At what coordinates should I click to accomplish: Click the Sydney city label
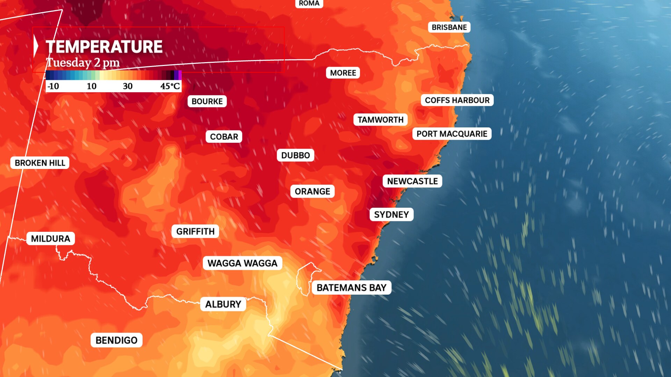pyautogui.click(x=391, y=214)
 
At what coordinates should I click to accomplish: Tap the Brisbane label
pyautogui.click(x=449, y=27)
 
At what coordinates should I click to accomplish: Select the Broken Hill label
pyautogui.click(x=40, y=163)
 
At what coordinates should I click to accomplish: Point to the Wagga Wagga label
pyautogui.click(x=242, y=263)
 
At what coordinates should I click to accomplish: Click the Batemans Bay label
pyautogui.click(x=351, y=288)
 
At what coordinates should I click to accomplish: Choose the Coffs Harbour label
pyautogui.click(x=457, y=100)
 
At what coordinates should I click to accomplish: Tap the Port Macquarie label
pyautogui.click(x=452, y=134)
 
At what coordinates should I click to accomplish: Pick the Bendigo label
pyautogui.click(x=116, y=340)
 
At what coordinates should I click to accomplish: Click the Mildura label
pyautogui.click(x=51, y=238)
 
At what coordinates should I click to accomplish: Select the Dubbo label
pyautogui.click(x=295, y=155)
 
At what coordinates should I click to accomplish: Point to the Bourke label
pyautogui.click(x=207, y=101)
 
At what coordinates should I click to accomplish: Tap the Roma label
pyautogui.click(x=309, y=3)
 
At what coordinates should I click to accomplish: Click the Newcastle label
pyautogui.click(x=412, y=181)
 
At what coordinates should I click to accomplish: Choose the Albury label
pyautogui.click(x=223, y=304)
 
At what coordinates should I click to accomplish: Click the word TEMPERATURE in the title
pyautogui.click(x=104, y=47)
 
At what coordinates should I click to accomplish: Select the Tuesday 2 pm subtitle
pyautogui.click(x=83, y=63)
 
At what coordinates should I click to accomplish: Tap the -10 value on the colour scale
pyautogui.click(x=53, y=86)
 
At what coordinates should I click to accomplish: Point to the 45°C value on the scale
pyautogui.click(x=170, y=86)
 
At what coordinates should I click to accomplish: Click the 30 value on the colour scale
pyautogui.click(x=128, y=86)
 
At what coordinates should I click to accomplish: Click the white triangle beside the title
pyautogui.click(x=36, y=47)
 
